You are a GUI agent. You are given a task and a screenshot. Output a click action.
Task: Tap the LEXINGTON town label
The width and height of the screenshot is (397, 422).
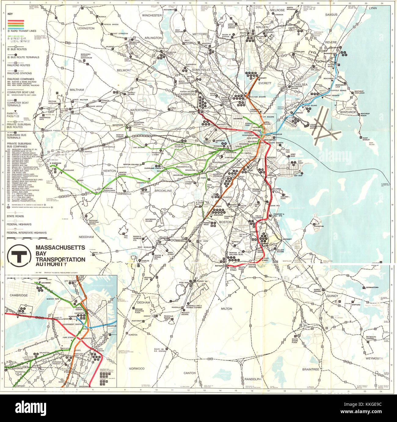[x=86, y=28]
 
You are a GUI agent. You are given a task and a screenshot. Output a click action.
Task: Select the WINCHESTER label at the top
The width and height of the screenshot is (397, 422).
[x=152, y=15]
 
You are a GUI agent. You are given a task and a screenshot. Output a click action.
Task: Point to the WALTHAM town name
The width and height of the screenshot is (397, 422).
[x=77, y=90]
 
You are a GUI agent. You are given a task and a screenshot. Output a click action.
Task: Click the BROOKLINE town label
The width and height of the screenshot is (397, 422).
[x=163, y=191]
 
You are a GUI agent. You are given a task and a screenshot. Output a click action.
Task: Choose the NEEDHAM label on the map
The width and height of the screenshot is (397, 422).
[x=86, y=237]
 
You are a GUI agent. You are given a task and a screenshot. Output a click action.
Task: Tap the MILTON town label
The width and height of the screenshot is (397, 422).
[x=227, y=309]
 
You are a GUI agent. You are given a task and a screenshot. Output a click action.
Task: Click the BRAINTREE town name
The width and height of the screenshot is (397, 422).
[x=311, y=369]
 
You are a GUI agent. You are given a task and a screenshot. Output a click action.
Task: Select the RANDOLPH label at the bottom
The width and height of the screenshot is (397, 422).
[x=253, y=379]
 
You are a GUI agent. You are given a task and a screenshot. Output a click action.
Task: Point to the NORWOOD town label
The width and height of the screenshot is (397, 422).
[x=137, y=368]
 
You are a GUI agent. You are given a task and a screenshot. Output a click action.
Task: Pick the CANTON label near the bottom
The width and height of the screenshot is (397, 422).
[x=190, y=373]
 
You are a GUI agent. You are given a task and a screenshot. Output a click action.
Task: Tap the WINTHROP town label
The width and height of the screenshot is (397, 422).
[x=348, y=112]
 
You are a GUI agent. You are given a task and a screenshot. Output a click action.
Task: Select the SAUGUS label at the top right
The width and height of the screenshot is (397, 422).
[x=331, y=14]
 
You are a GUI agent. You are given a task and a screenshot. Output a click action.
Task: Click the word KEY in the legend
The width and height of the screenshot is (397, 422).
[x=10, y=14]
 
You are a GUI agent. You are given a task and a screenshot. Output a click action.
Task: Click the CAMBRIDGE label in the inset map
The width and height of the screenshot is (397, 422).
[x=19, y=295]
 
